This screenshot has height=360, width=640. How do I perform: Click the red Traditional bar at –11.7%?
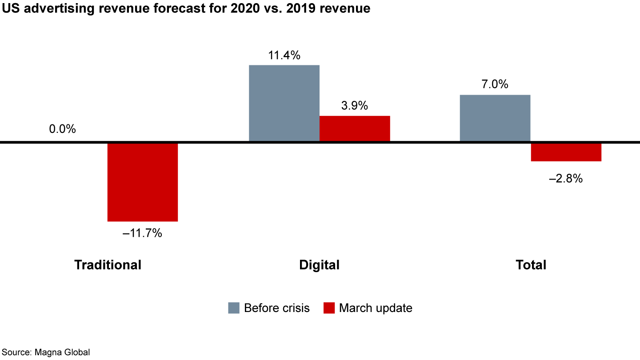pos(143,182)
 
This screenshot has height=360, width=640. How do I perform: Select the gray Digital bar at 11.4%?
pos(284,103)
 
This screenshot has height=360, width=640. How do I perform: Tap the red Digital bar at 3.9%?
pos(355,128)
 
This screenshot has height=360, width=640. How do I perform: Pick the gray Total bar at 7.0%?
pos(495,118)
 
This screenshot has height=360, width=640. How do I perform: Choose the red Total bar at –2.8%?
pos(566,152)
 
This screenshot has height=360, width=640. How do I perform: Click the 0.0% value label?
pos(63,129)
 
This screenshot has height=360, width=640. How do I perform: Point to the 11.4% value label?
pos(284,56)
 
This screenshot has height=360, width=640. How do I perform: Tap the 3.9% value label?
pos(355,106)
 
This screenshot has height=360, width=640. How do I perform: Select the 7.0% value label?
pos(495,84)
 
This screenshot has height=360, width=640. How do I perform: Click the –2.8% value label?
pos(566,179)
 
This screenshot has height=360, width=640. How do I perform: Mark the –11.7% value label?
pos(142,233)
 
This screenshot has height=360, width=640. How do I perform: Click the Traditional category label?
pos(108,265)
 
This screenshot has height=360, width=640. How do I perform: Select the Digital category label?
pos(319,265)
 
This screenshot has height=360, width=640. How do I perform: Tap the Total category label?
pos(531,265)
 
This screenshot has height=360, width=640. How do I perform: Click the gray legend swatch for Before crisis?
pos(234,308)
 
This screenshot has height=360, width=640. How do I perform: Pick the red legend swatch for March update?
pos(329,308)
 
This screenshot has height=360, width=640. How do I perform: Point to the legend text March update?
pos(376,308)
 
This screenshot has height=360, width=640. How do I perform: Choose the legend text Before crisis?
pos(277,308)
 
